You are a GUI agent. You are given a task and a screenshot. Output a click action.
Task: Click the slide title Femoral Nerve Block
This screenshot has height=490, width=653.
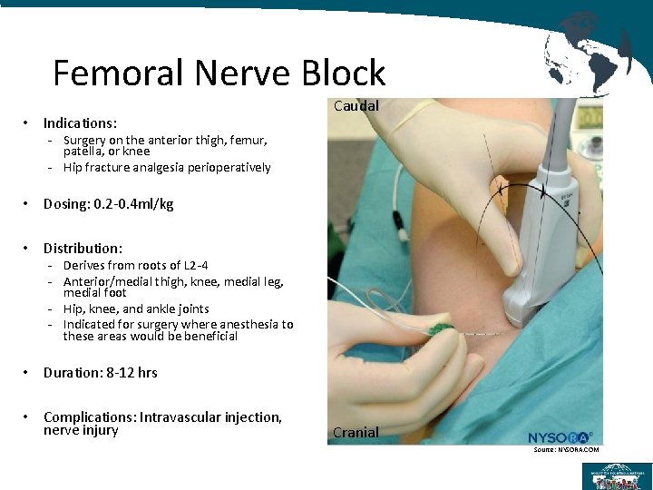point(219,73)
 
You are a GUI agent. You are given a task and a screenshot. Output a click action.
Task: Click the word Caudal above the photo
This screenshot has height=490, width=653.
point(356,105)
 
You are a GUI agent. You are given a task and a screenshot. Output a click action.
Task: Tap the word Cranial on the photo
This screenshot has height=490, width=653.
point(356,432)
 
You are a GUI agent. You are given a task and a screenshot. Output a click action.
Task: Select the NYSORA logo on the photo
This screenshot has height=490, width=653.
point(560,437)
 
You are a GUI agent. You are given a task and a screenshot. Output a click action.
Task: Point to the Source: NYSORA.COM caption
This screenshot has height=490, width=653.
point(566,450)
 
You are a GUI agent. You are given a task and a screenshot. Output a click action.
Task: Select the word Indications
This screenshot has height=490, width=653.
point(80,122)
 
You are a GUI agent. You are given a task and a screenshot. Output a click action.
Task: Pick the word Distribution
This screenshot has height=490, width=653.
point(83,248)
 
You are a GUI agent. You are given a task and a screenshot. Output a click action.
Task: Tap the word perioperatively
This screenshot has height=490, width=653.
point(229,167)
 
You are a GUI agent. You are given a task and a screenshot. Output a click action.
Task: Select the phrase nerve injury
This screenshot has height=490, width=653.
point(81,430)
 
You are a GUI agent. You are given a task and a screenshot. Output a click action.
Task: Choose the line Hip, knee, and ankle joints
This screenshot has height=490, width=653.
point(136,309)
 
